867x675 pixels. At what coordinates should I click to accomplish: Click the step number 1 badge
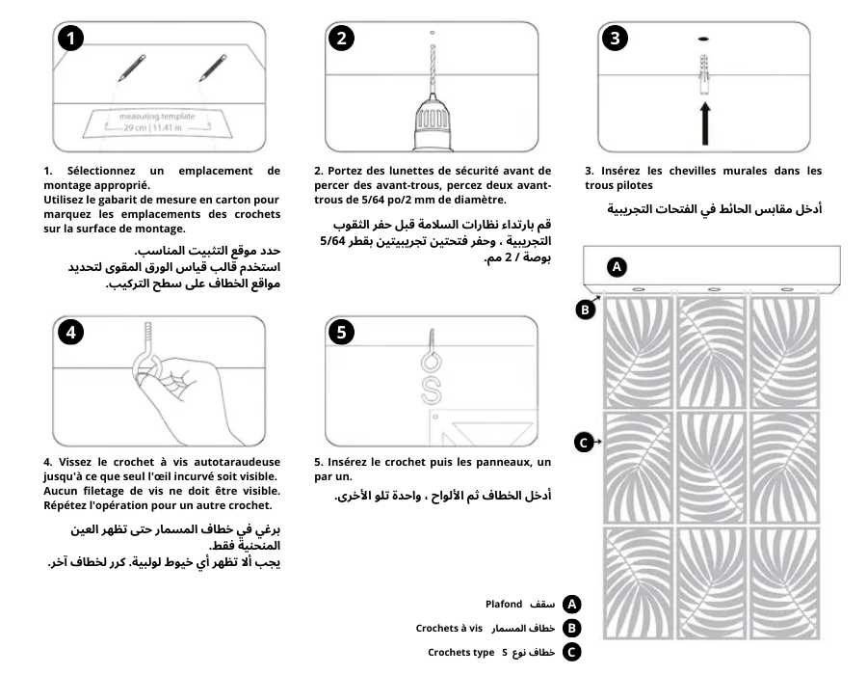click(70, 39)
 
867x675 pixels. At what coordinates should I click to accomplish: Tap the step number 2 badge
click(342, 39)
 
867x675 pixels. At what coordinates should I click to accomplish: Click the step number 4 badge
click(70, 332)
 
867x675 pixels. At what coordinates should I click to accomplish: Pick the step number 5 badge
click(342, 332)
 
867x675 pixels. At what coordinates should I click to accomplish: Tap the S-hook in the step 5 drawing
click(432, 390)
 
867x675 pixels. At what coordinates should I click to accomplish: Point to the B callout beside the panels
click(585, 310)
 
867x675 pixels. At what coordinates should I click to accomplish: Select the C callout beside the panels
click(584, 443)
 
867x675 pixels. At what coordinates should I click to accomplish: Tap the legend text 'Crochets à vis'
click(449, 628)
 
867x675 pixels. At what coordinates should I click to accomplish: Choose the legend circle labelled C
click(572, 653)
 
